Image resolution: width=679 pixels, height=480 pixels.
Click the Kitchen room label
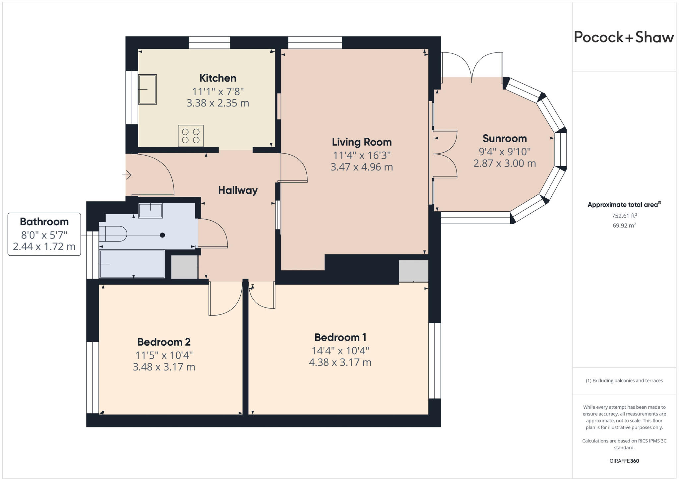218,78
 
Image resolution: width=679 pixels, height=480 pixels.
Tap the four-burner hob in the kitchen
191,136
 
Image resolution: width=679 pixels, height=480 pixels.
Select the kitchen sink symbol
147,89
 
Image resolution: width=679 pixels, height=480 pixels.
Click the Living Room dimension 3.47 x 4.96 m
361,167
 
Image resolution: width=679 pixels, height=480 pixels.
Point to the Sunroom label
504,138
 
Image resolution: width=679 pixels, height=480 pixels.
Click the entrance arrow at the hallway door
127,174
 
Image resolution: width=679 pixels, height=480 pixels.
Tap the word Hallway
238,190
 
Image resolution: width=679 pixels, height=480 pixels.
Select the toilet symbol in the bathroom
113,234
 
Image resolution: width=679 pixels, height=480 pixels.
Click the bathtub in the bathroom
132,264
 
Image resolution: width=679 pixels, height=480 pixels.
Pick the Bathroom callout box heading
44,222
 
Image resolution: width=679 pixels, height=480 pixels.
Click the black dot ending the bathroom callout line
162,235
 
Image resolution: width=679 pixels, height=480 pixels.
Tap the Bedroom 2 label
164,342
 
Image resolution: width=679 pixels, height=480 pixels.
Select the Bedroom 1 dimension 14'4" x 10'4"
340,351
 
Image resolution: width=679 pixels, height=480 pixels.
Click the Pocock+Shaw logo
624,37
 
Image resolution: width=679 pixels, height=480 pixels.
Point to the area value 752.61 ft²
624,216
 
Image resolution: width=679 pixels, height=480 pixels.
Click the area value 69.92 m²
624,226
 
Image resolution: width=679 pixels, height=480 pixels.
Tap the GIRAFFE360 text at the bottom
624,461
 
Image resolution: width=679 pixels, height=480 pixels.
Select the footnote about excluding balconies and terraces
624,380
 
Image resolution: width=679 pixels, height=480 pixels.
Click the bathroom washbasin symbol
151,211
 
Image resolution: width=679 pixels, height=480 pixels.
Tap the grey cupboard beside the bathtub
184,267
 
